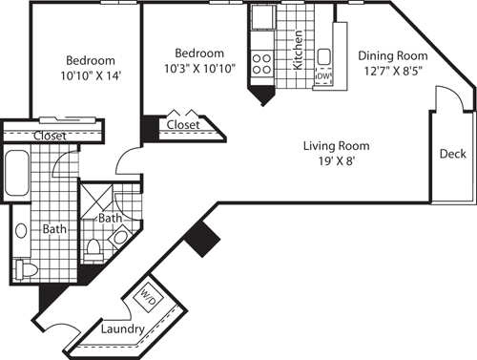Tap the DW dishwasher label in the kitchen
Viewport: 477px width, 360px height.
tap(323, 76)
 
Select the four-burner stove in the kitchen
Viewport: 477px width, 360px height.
tap(261, 63)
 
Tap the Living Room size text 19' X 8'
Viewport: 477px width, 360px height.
tap(336, 162)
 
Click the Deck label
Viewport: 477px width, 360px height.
tap(453, 154)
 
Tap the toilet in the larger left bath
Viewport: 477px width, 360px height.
tap(26, 270)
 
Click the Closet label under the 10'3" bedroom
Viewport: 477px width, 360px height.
tap(183, 124)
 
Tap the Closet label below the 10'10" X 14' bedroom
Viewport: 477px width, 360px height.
tap(50, 136)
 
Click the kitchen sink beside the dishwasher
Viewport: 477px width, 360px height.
tap(324, 55)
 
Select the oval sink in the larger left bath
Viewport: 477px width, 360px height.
tap(21, 230)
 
